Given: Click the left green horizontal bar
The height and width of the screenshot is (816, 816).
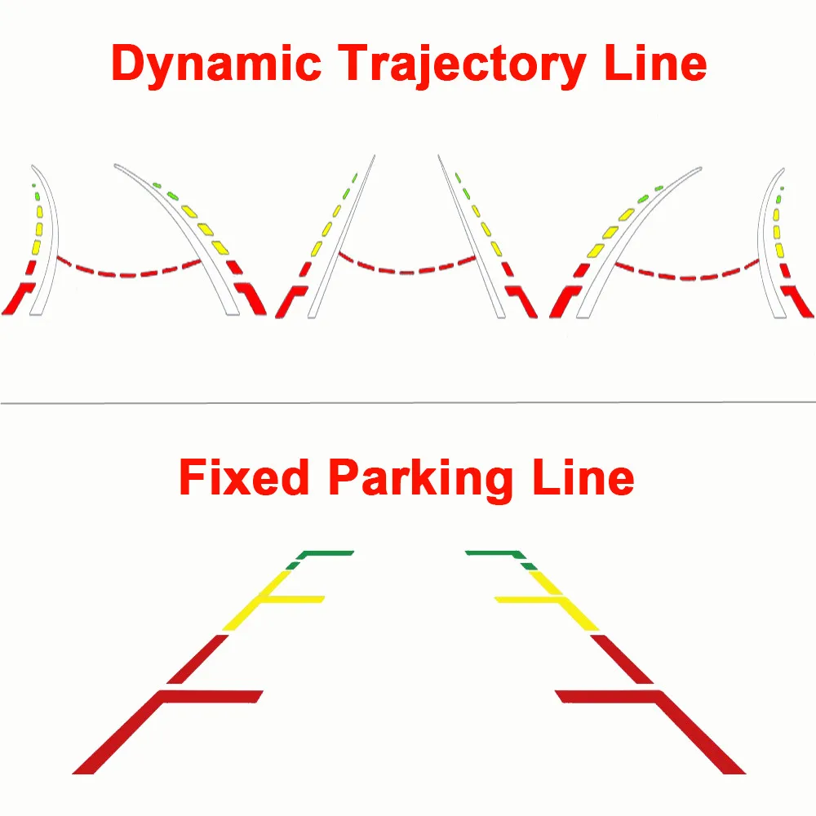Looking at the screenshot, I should [x=326, y=553].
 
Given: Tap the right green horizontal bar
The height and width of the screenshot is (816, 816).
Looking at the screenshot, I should [x=491, y=553].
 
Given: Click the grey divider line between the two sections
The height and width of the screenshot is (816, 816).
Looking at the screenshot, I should [x=408, y=401].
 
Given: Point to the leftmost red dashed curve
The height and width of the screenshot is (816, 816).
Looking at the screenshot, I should [x=131, y=272].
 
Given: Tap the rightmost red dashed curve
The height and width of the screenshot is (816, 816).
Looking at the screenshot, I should [x=685, y=272].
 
